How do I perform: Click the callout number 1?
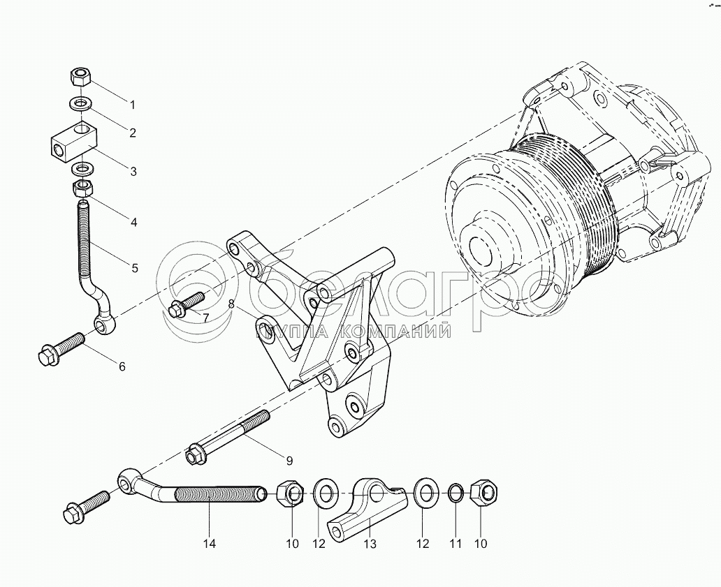pos(131,104)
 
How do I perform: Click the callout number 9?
pos(289,460)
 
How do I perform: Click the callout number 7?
pos(205,318)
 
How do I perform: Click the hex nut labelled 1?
pos(82,74)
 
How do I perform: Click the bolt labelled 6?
pos(60,348)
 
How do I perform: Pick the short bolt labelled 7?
pos(187,305)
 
